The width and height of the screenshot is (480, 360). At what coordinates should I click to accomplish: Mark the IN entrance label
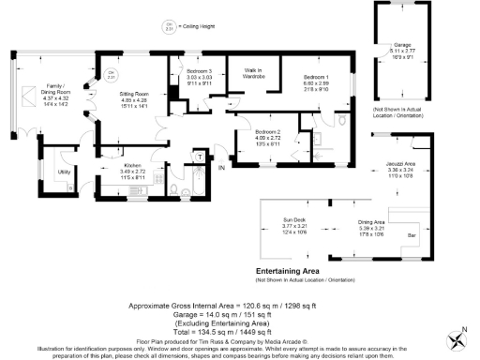[x=222, y=168]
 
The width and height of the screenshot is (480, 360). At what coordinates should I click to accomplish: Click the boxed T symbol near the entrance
[x=212, y=157]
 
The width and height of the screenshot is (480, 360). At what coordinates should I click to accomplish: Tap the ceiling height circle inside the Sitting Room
[x=111, y=73]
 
